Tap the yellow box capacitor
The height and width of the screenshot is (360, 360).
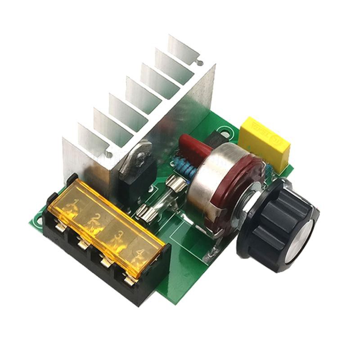click(264, 144)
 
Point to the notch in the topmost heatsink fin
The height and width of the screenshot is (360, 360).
click(197, 57)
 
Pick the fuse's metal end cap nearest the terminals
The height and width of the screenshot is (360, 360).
click(144, 211)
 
